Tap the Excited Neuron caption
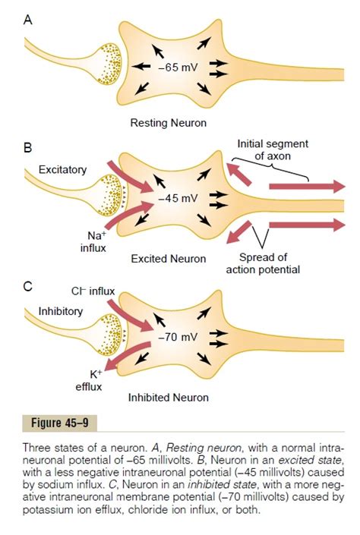(168, 259)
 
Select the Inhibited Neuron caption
(168, 396)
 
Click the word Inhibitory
(61, 311)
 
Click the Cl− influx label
(92, 291)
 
